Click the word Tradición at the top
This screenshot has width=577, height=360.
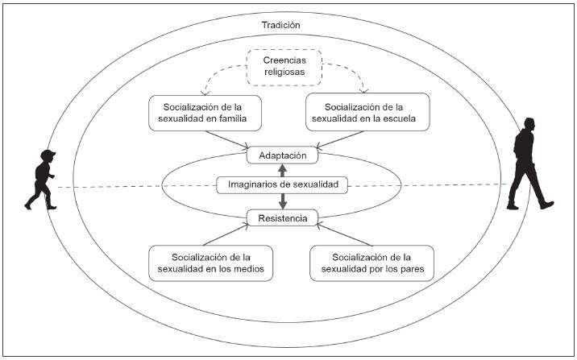point(280,25)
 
